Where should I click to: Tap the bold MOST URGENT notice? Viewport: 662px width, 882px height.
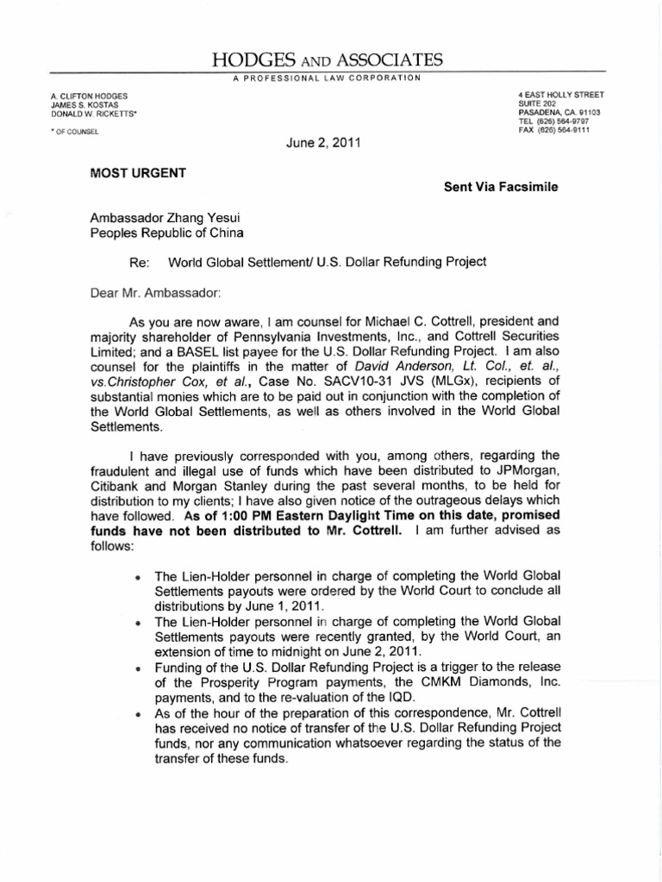click(137, 172)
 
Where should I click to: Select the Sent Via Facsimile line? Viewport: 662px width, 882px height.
click(501, 188)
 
